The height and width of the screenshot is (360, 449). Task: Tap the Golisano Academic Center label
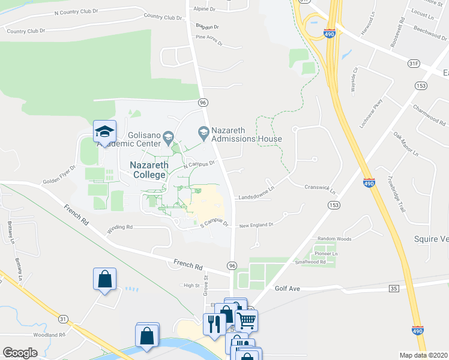pos(144,139)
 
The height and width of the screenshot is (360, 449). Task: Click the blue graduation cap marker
pos(104,132)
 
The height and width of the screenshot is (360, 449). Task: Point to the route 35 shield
pos(394,289)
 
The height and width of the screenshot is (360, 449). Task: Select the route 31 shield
pos(63,319)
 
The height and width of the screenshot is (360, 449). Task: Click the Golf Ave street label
pos(288,289)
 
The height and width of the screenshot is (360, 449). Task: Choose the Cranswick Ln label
pos(319,187)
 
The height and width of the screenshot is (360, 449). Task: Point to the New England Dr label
pos(256,225)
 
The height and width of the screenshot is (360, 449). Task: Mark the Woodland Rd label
pos(49,335)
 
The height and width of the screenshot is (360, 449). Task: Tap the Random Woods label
pos(334,239)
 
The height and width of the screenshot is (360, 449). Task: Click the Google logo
pos(20,353)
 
